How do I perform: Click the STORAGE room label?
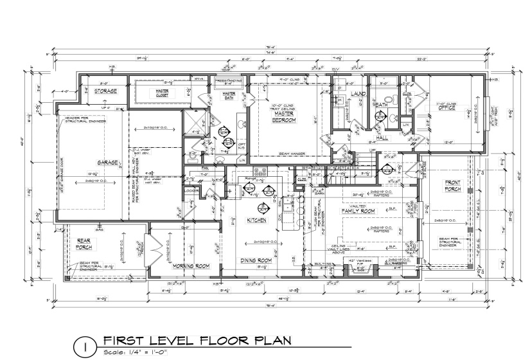[x=105, y=91]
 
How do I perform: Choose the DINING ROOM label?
[x=257, y=260]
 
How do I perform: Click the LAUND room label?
[x=358, y=94]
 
